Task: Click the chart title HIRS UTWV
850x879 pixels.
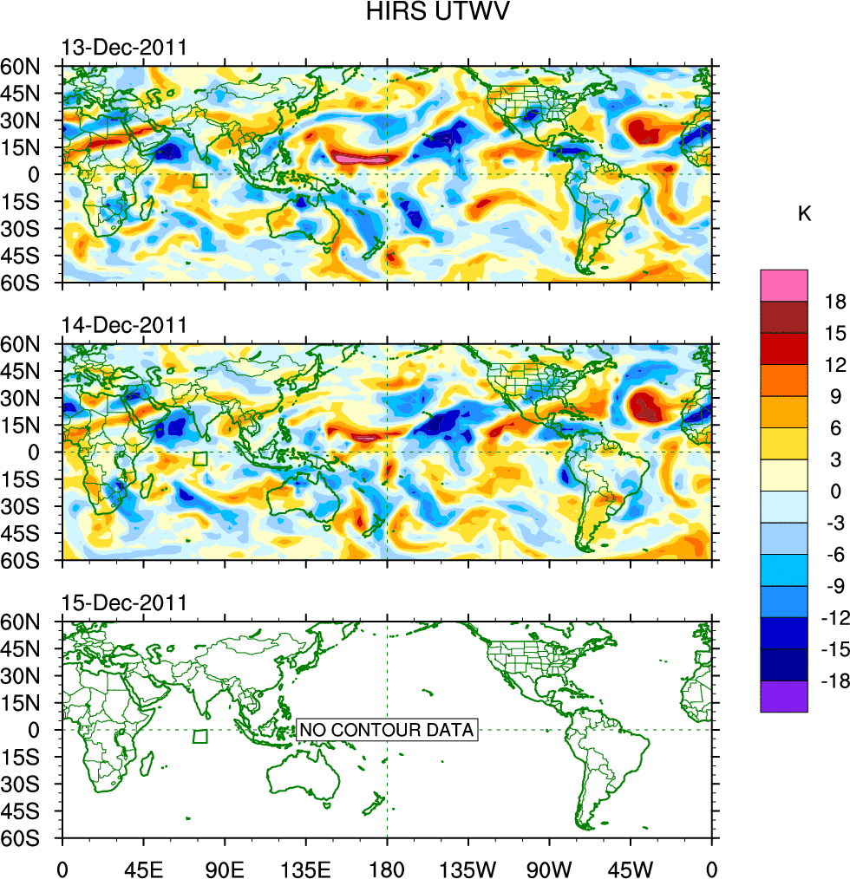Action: (425, 12)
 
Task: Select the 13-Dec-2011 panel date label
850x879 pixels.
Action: (123, 47)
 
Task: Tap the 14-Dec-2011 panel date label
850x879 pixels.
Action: (123, 325)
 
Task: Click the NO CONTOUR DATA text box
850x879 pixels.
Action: (387, 730)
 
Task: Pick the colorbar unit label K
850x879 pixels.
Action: (805, 213)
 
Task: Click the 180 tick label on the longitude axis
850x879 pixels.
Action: (387, 867)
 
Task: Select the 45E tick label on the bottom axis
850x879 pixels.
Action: (143, 867)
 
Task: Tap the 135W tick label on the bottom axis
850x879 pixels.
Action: (468, 867)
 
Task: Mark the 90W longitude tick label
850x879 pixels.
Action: (549, 867)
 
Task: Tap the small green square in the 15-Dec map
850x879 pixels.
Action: (200, 737)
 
